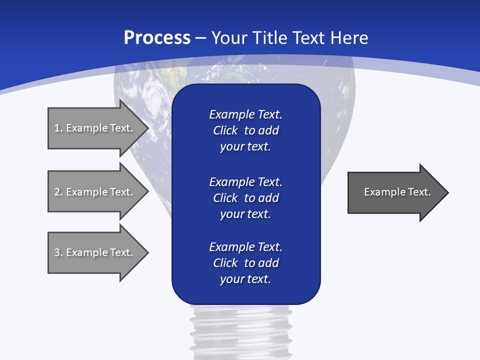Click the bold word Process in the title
[x=157, y=38]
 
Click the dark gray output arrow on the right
[x=395, y=192]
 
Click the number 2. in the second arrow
[x=58, y=192]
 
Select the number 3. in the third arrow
[x=58, y=252]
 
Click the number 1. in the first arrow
[x=58, y=128]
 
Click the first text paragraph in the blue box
[x=245, y=130]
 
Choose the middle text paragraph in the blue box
[x=245, y=198]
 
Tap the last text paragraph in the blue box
[x=245, y=263]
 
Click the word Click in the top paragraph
[x=225, y=131]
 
